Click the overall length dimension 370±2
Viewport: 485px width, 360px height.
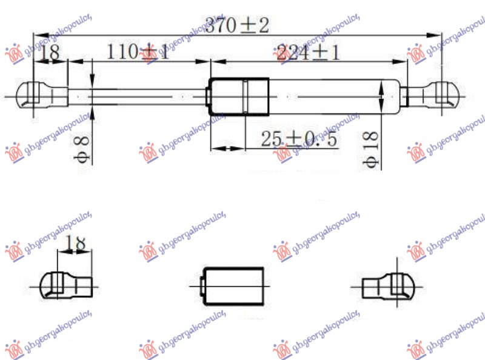236,26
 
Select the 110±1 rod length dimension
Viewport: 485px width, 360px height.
138,53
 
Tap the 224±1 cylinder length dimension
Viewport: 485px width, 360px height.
307,53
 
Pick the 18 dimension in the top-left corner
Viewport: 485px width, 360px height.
50,53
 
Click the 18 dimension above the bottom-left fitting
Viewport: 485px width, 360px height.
75,244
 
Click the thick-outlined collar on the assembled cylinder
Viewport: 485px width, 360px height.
239,96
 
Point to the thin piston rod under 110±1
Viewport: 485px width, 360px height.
139,96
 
